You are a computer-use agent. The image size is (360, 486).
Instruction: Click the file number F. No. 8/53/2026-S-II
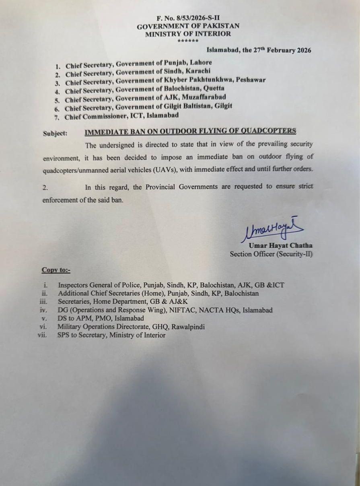tap(188, 18)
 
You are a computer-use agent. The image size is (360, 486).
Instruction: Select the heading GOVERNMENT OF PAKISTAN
tap(188, 26)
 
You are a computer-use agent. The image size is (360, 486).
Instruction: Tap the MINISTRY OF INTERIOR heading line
tap(188, 34)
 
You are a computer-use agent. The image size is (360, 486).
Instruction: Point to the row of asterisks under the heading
tap(188, 41)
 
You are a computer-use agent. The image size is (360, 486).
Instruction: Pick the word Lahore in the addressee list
tap(201, 63)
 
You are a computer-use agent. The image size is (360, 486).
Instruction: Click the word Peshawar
tap(251, 80)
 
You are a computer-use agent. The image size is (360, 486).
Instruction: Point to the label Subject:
tap(55, 134)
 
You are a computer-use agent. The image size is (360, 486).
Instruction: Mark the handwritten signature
tap(272, 230)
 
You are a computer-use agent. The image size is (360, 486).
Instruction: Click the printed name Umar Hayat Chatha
tap(280, 245)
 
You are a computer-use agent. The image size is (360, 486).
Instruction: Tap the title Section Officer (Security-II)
tap(271, 254)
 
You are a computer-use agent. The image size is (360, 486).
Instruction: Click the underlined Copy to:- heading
tap(56, 270)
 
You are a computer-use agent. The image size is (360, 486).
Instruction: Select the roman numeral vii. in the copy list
tap(43, 335)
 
